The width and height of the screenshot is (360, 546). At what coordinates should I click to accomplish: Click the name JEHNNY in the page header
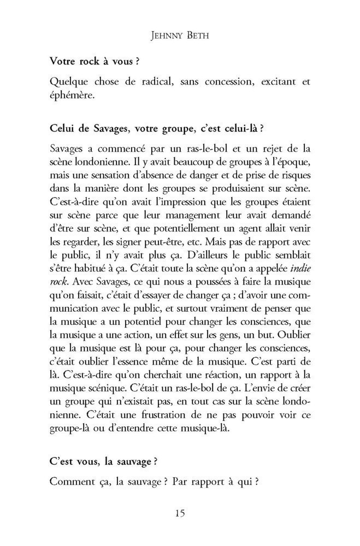tap(163, 38)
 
